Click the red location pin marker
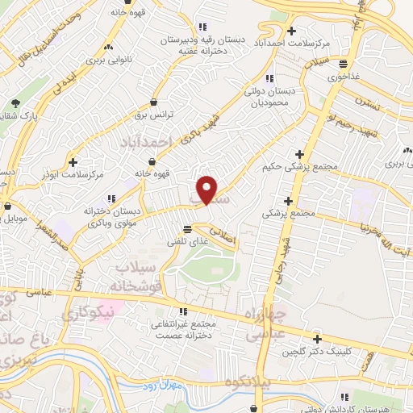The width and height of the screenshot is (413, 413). (208, 189)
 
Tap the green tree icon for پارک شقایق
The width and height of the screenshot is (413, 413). (15, 102)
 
